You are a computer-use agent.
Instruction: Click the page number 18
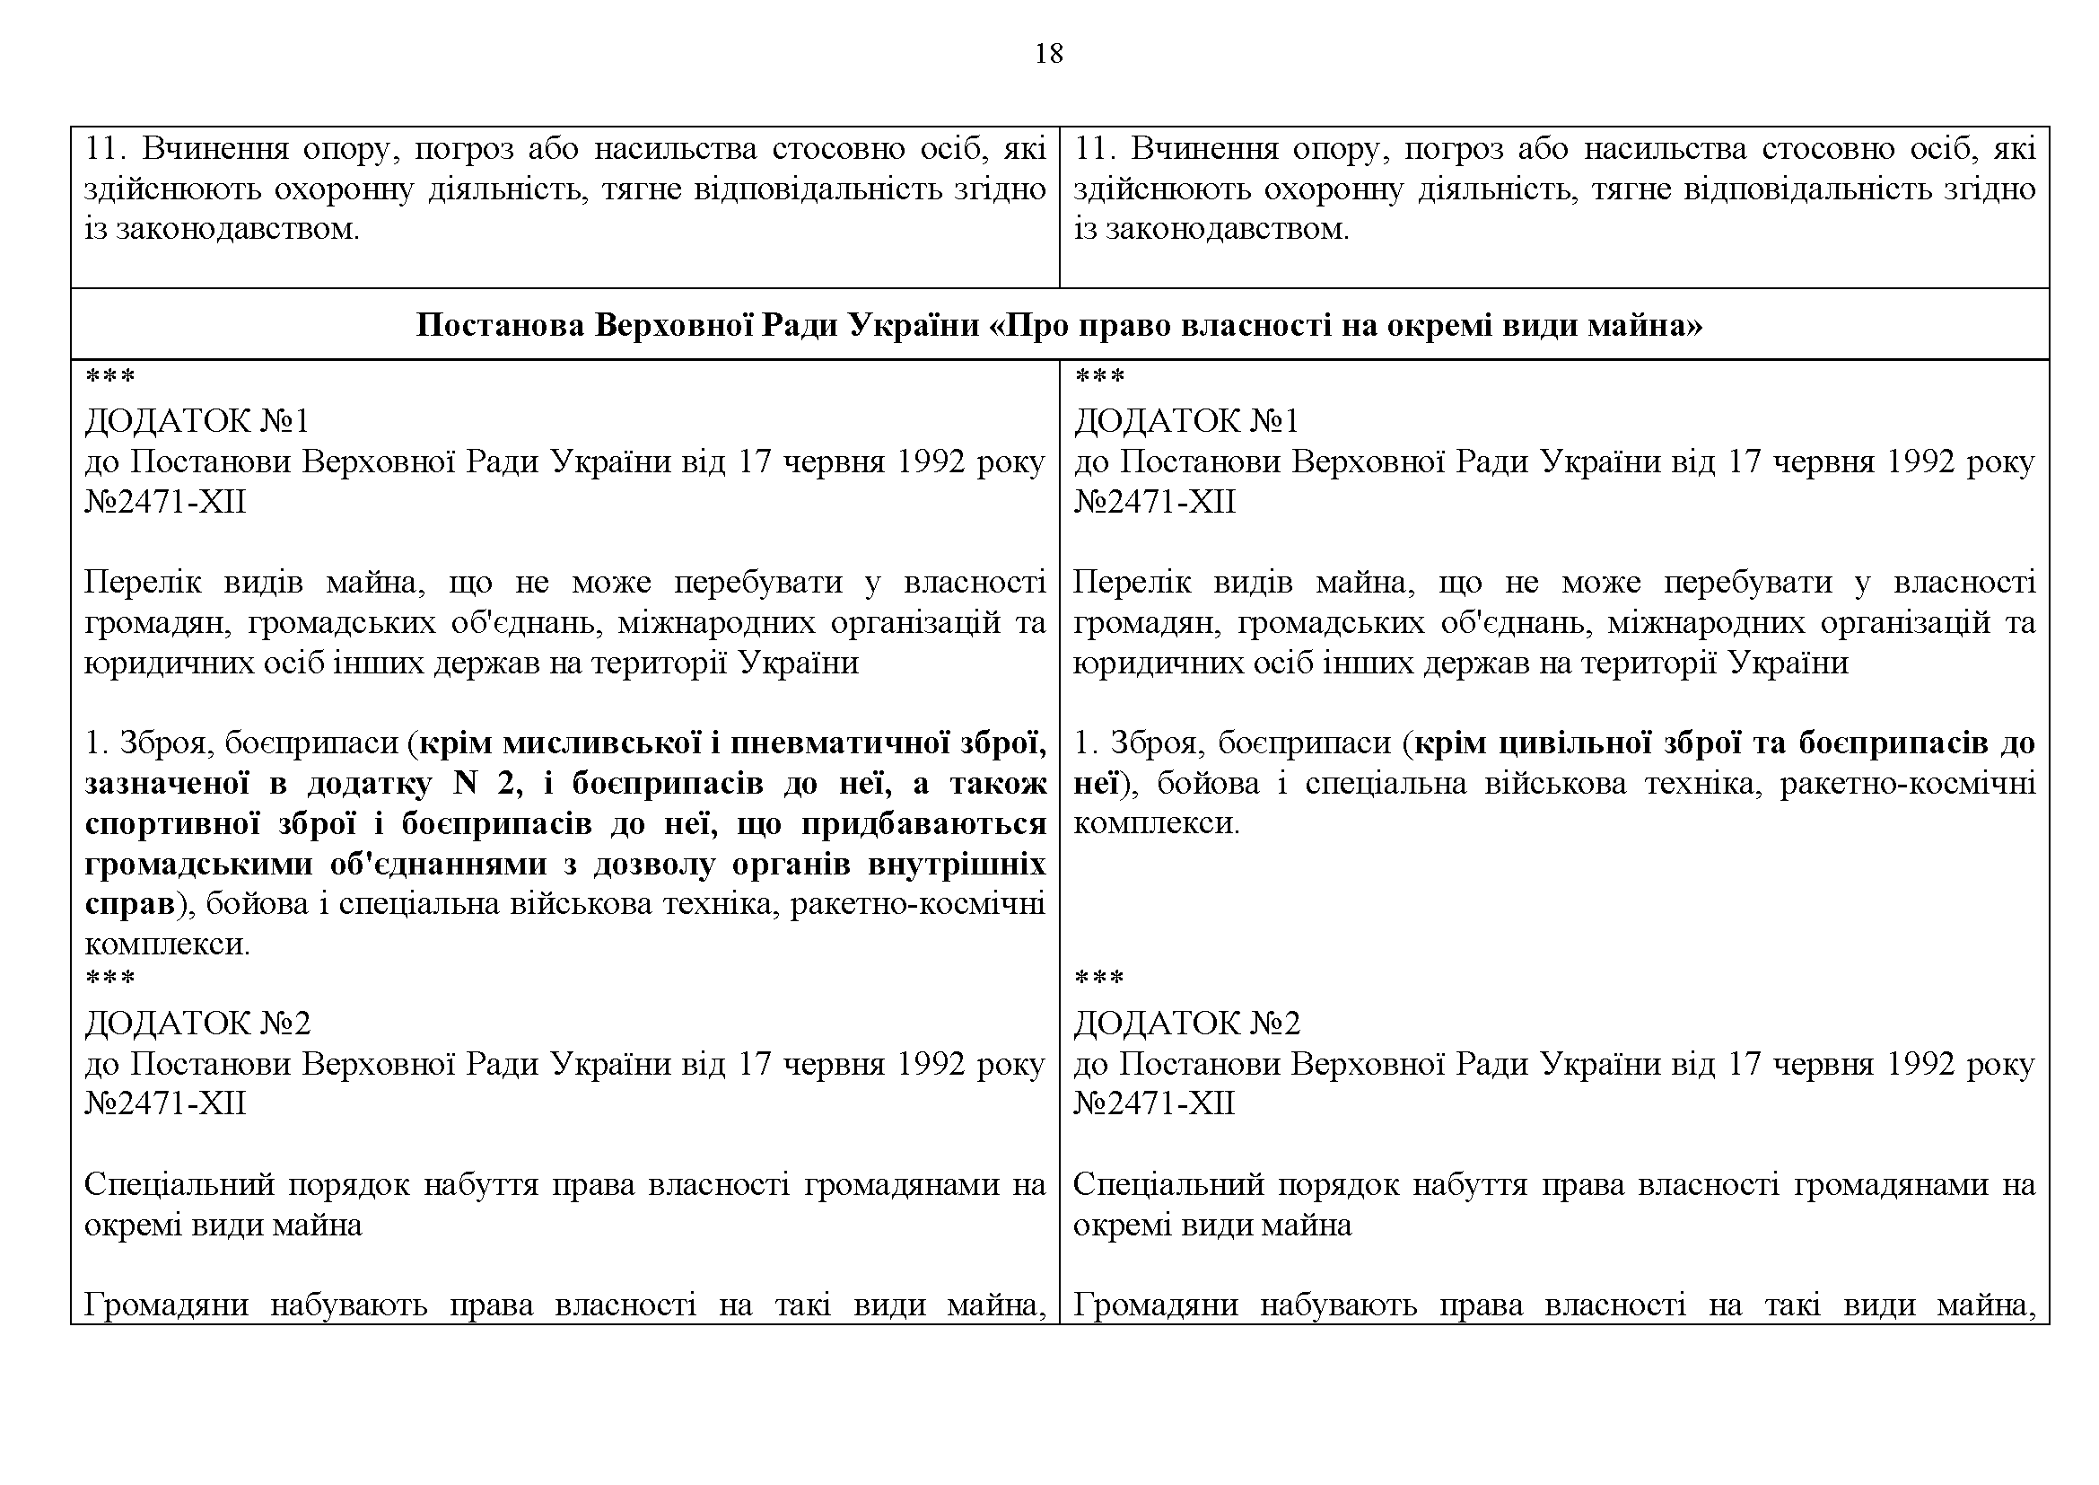click(x=1048, y=55)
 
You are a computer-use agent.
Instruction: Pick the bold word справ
click(x=129, y=904)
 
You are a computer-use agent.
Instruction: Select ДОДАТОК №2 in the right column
click(x=1186, y=1024)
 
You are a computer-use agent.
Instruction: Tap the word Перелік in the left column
click(x=142, y=583)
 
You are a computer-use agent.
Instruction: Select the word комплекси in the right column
click(x=1154, y=824)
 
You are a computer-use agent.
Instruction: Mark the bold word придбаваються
click(x=924, y=824)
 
